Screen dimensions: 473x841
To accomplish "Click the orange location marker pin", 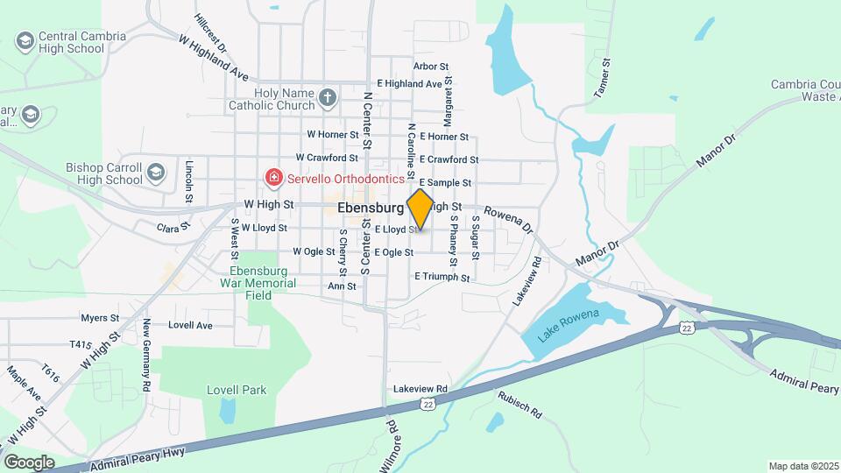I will pos(420,208).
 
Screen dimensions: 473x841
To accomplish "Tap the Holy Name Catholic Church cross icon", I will pos(328,96).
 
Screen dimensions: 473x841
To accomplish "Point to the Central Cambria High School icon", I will pos(25,41).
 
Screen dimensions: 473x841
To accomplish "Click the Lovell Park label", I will pos(236,390).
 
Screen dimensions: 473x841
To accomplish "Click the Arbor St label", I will pos(431,66).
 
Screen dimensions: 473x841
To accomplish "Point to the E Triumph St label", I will pos(442,277).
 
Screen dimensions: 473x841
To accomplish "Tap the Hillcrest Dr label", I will pos(211,33).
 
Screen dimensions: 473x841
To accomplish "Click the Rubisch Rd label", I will pos(520,402).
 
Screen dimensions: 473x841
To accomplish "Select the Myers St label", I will pos(99,318).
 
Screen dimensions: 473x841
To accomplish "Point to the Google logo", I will pos(29,462).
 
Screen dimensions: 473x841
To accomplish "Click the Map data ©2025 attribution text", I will pos(802,466).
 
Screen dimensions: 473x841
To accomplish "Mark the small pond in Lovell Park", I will pos(228,409).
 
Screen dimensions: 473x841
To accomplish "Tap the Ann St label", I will pos(342,286).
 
